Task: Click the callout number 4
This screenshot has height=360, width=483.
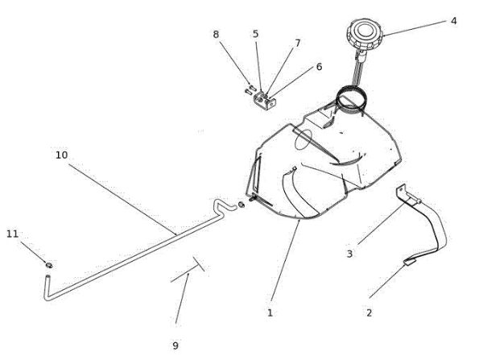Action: (453, 21)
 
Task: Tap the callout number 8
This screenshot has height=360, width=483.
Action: (216, 34)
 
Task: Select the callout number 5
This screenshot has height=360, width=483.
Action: (256, 34)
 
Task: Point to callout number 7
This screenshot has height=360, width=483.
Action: (298, 43)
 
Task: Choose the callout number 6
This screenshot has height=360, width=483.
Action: (319, 67)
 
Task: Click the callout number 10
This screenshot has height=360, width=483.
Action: (61, 155)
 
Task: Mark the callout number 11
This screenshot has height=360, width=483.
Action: (12, 234)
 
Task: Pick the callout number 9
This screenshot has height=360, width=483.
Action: (175, 346)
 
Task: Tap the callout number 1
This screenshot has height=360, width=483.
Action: (270, 312)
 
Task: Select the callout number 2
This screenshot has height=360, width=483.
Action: (369, 312)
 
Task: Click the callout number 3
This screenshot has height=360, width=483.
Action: (349, 254)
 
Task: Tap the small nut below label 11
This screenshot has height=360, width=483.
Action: (48, 265)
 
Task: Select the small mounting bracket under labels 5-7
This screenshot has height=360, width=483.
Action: (265, 101)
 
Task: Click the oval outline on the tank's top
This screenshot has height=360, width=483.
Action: (303, 139)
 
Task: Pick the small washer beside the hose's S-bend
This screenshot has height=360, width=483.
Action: (242, 205)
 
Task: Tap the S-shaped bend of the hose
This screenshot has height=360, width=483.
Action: (225, 206)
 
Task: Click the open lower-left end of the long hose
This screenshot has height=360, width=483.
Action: (47, 277)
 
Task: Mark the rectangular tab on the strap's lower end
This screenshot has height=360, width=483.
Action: (410, 262)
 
